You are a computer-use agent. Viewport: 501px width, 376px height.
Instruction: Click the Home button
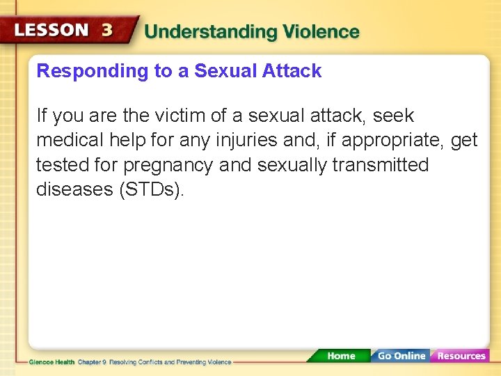pos(340,356)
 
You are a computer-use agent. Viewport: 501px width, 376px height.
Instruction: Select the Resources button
pos(461,356)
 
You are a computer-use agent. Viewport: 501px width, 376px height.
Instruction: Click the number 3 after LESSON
pos(108,31)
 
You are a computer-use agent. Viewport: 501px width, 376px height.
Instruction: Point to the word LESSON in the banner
pos(51,31)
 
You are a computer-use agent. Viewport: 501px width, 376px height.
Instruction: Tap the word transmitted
pos(381,166)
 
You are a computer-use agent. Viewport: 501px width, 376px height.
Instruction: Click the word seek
pos(393,116)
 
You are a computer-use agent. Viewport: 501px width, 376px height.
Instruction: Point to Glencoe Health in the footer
pos(51,362)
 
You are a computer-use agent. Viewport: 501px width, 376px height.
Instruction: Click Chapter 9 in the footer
pos(92,362)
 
